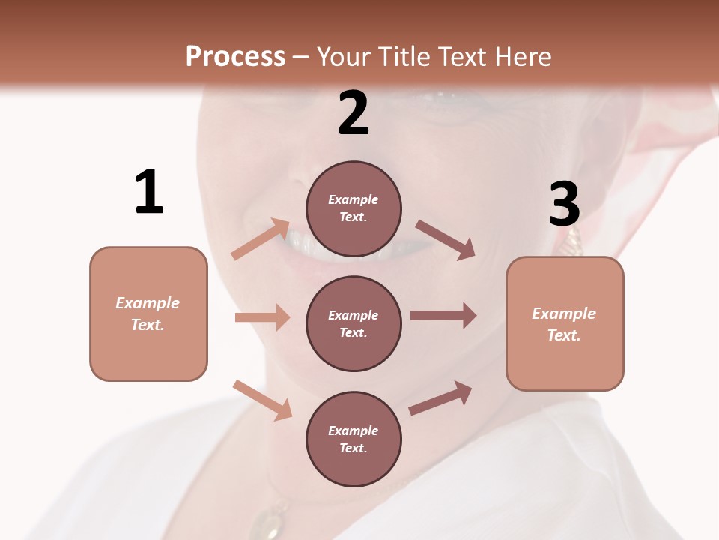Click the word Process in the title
tap(235, 57)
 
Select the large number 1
tap(149, 193)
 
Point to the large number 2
tap(354, 113)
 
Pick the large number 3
tap(565, 204)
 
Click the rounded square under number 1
tap(148, 313)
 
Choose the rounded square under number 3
tap(565, 324)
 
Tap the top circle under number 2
tap(354, 208)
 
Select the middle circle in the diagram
tap(354, 323)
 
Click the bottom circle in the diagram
tap(354, 439)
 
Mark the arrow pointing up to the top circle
tap(261, 239)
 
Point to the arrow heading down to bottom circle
tap(262, 399)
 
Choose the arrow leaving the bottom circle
tap(440, 397)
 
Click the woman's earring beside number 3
tap(572, 241)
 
